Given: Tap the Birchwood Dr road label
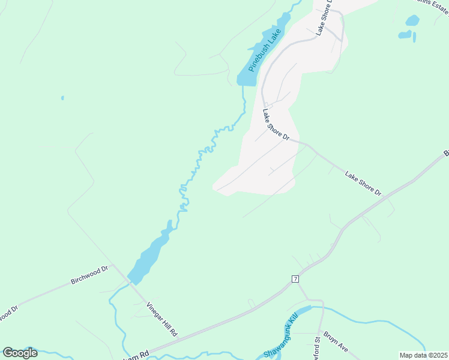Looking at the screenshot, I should click(89, 275).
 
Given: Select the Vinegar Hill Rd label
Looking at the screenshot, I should click(163, 319).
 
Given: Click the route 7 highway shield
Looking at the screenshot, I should click(295, 279).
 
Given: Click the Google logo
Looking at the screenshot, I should click(20, 353).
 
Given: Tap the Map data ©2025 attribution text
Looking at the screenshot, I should click(423, 355).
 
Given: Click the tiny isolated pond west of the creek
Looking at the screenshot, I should click(62, 97).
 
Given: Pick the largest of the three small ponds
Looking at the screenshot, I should click(412, 20).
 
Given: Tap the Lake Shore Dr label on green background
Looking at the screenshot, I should click(363, 183).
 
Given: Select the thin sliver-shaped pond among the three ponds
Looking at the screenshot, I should click(414, 37).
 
